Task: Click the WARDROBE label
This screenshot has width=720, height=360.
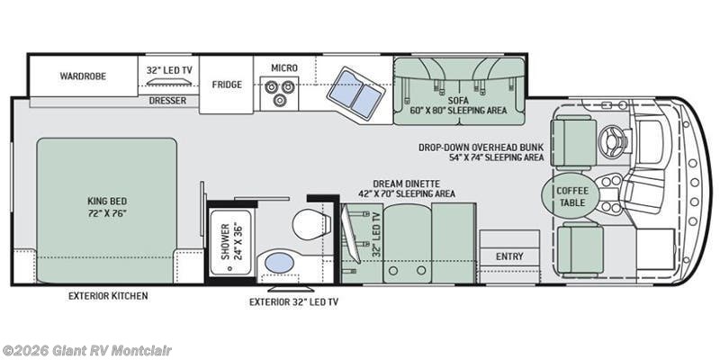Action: tap(83, 76)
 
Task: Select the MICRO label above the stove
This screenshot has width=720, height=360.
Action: tap(283, 68)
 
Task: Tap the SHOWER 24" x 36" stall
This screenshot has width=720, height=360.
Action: tap(232, 240)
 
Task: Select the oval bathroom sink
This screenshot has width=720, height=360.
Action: tap(281, 264)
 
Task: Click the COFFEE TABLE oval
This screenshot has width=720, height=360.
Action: tap(571, 196)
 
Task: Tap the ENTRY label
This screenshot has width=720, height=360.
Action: tap(509, 256)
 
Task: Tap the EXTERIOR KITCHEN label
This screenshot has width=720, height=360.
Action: tap(108, 295)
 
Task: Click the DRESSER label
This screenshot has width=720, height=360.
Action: tap(168, 101)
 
